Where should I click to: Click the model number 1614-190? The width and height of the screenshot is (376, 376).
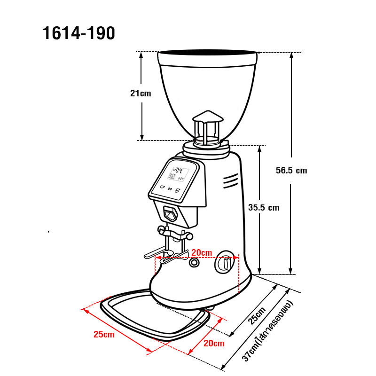78,33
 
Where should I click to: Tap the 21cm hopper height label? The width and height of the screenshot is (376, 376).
141,93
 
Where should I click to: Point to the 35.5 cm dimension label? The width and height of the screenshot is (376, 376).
264,207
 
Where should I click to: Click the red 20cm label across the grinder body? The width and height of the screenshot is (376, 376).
202,252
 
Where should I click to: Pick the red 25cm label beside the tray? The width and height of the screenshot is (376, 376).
104,335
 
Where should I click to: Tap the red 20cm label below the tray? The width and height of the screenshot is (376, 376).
214,344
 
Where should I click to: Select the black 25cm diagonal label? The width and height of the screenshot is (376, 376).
257,316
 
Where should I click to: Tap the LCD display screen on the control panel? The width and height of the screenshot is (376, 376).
179,174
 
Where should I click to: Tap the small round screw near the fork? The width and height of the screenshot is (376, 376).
194,264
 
